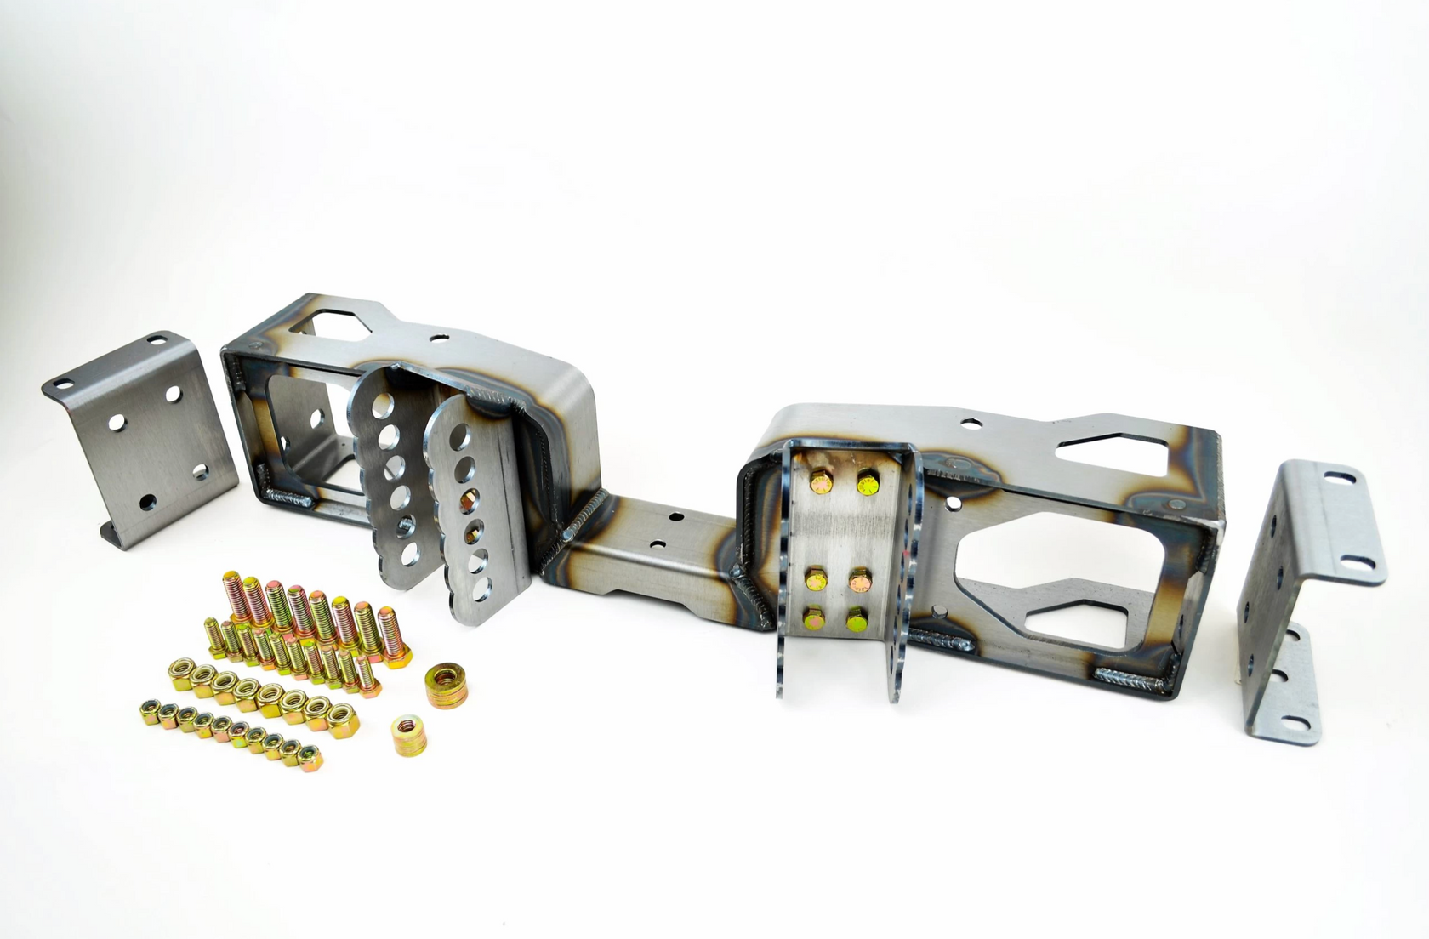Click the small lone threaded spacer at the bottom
coord(411,735)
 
